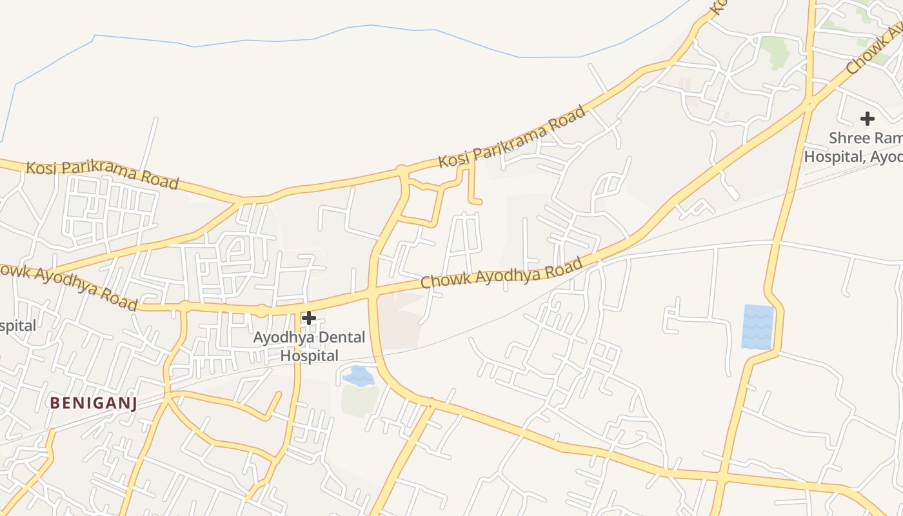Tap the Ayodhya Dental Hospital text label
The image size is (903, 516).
click(309, 346)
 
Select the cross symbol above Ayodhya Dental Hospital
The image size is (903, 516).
click(309, 317)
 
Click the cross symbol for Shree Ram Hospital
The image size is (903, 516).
click(868, 119)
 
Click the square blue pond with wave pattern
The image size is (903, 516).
click(758, 326)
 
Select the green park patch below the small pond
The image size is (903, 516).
click(359, 401)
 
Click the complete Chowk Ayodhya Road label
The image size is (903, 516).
click(502, 272)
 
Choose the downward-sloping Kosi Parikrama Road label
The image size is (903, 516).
click(102, 175)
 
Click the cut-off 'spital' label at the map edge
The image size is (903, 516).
click(17, 326)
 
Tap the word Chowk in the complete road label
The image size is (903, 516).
click(439, 280)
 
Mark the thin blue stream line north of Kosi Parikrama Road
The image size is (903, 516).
click(271, 41)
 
